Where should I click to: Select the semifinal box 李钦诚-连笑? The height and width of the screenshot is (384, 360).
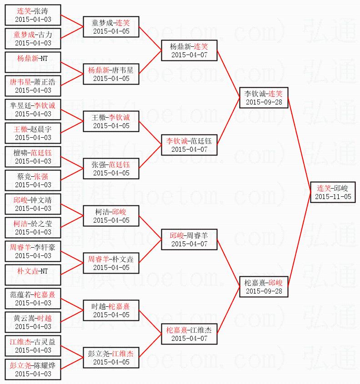click(x=263, y=98)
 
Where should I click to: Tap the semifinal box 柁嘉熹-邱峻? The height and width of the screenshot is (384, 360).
click(x=263, y=287)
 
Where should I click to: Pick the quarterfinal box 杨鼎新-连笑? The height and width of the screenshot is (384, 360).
click(x=189, y=50)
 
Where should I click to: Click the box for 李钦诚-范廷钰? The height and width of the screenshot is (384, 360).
click(x=189, y=145)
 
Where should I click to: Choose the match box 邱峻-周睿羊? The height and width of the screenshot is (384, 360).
click(x=189, y=239)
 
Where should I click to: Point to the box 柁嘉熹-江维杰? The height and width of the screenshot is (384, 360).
click(x=189, y=334)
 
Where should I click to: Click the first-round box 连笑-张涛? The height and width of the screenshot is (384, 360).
click(x=33, y=15)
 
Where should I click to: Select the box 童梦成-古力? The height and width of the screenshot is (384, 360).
click(x=33, y=39)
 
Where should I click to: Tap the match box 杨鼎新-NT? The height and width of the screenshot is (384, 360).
click(x=33, y=62)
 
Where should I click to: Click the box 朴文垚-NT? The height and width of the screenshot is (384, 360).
click(x=33, y=275)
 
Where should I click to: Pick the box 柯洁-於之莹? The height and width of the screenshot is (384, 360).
click(x=33, y=228)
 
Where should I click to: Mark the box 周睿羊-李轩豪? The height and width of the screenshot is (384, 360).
click(x=33, y=251)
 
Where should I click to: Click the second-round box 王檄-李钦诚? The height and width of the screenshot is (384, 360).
click(x=111, y=121)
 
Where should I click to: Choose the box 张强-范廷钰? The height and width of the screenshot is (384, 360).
click(x=111, y=169)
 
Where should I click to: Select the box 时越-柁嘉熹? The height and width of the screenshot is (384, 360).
click(x=111, y=310)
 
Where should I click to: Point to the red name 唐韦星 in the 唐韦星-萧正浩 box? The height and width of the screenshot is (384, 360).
click(x=20, y=82)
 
